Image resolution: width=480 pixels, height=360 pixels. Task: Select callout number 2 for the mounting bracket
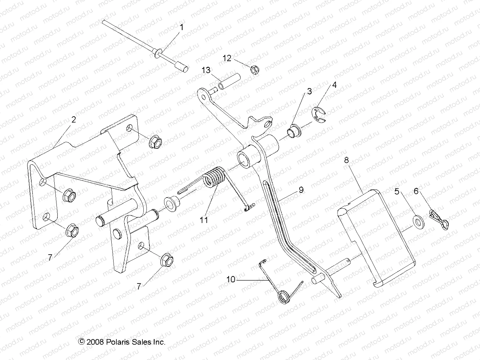click(x=73, y=119)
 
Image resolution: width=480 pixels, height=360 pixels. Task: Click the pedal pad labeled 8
click(x=376, y=238)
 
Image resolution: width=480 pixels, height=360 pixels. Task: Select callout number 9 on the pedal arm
click(x=301, y=190)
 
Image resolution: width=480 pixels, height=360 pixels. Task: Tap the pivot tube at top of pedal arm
click(x=248, y=158)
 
